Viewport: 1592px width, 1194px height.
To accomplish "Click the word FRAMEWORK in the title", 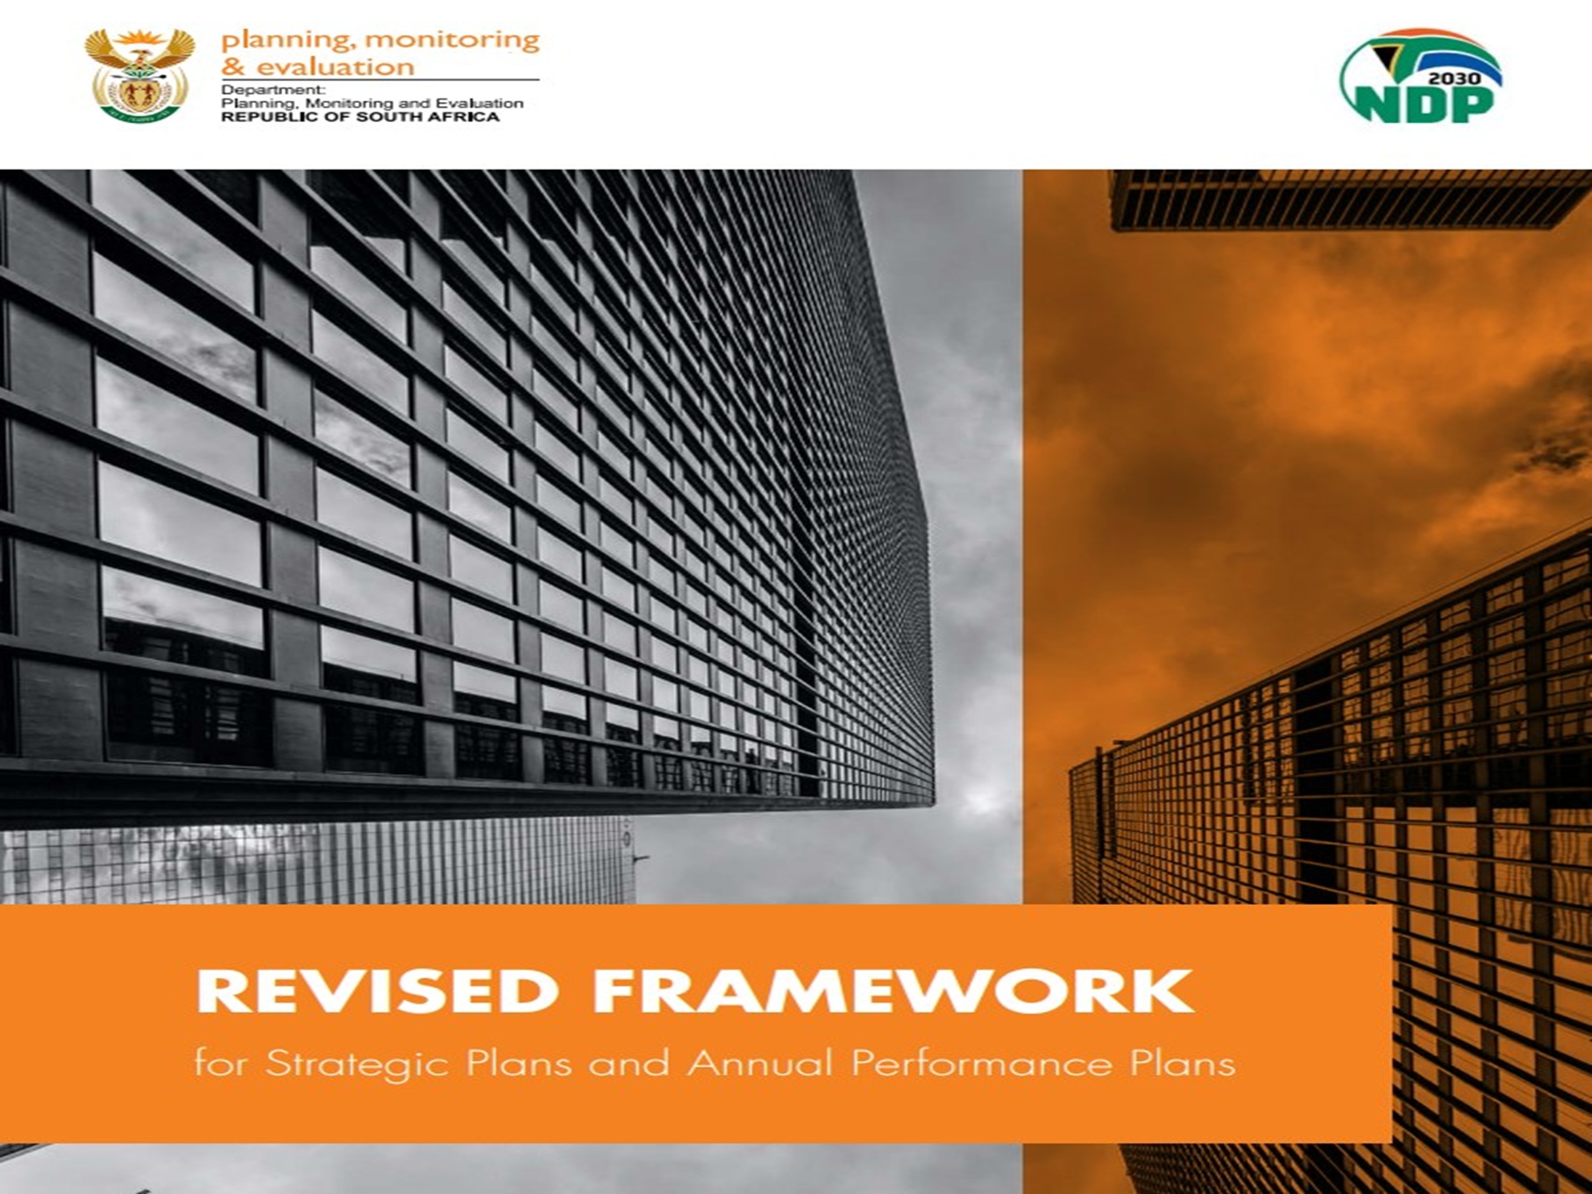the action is pyautogui.click(x=892, y=991).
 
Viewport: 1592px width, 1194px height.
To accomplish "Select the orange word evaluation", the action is pyautogui.click(x=336, y=67).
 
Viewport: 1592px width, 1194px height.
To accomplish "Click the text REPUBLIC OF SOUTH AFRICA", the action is pyautogui.click(x=360, y=117).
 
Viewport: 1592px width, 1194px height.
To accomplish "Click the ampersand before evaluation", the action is pyautogui.click(x=234, y=67).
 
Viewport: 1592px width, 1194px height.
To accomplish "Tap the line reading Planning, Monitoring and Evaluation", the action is pyautogui.click(x=372, y=104).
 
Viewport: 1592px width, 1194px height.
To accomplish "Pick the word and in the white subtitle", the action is pyautogui.click(x=629, y=1063).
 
